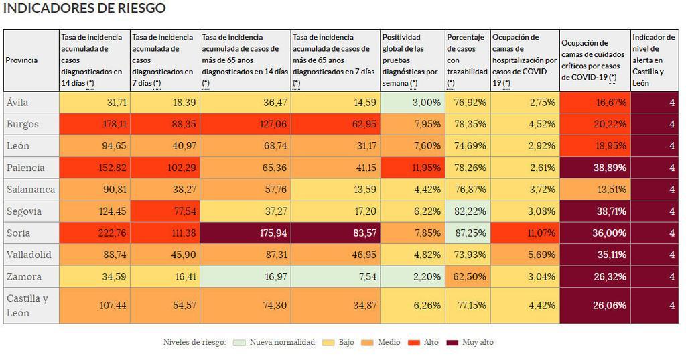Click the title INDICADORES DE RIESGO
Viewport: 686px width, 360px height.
click(x=84, y=9)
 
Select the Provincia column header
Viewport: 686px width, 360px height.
click(x=21, y=60)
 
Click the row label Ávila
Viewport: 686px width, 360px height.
click(x=17, y=103)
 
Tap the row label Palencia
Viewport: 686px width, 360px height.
click(x=25, y=168)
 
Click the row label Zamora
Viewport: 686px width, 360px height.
click(x=24, y=276)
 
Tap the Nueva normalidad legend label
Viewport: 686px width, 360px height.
click(x=281, y=342)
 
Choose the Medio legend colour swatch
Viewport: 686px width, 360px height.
click(x=368, y=342)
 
